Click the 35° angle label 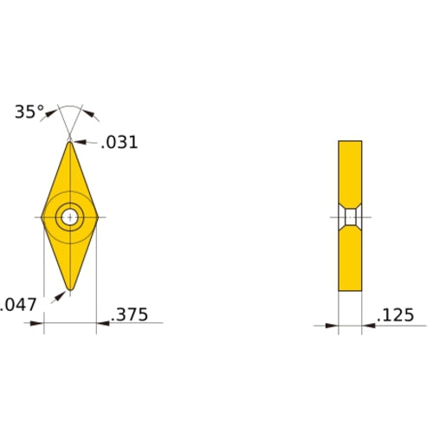29,112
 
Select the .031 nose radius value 119,143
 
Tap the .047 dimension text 18,304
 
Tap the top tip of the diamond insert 69,141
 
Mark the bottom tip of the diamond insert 69,289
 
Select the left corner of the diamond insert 42,216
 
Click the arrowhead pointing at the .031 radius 77,142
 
